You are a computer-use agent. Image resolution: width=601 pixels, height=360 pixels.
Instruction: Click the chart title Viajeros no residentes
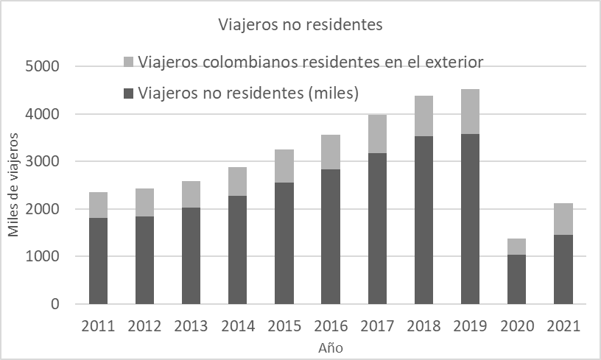(x=300, y=25)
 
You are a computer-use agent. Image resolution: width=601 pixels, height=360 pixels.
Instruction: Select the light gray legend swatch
(x=128, y=61)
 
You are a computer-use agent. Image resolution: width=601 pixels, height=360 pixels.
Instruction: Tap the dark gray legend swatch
(x=128, y=93)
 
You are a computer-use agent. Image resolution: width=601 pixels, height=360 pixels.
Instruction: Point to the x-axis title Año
(x=331, y=347)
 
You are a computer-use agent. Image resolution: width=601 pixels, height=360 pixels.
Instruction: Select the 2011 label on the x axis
(x=99, y=326)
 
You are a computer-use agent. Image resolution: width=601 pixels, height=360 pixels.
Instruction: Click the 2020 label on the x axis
(x=516, y=326)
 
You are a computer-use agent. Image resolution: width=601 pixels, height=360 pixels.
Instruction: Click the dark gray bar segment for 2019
(x=470, y=219)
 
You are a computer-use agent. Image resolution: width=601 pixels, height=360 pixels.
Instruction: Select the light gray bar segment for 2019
(x=470, y=111)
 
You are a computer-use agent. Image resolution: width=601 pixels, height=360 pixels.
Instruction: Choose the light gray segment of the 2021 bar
(x=563, y=219)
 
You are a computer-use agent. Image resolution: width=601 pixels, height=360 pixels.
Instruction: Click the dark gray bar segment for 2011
(x=99, y=261)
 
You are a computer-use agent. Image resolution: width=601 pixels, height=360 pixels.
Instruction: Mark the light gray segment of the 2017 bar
(x=377, y=134)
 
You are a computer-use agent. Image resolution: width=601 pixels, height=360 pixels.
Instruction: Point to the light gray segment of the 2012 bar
(x=145, y=202)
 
